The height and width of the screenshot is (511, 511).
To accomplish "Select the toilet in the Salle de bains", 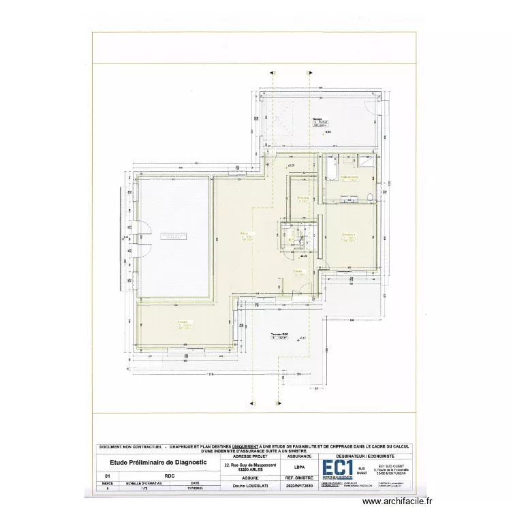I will (369, 197).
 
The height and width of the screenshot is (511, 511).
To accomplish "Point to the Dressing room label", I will (303, 198).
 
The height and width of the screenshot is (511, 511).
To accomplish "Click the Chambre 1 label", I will (349, 236).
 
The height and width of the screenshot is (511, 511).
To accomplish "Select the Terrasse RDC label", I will (280, 335).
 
